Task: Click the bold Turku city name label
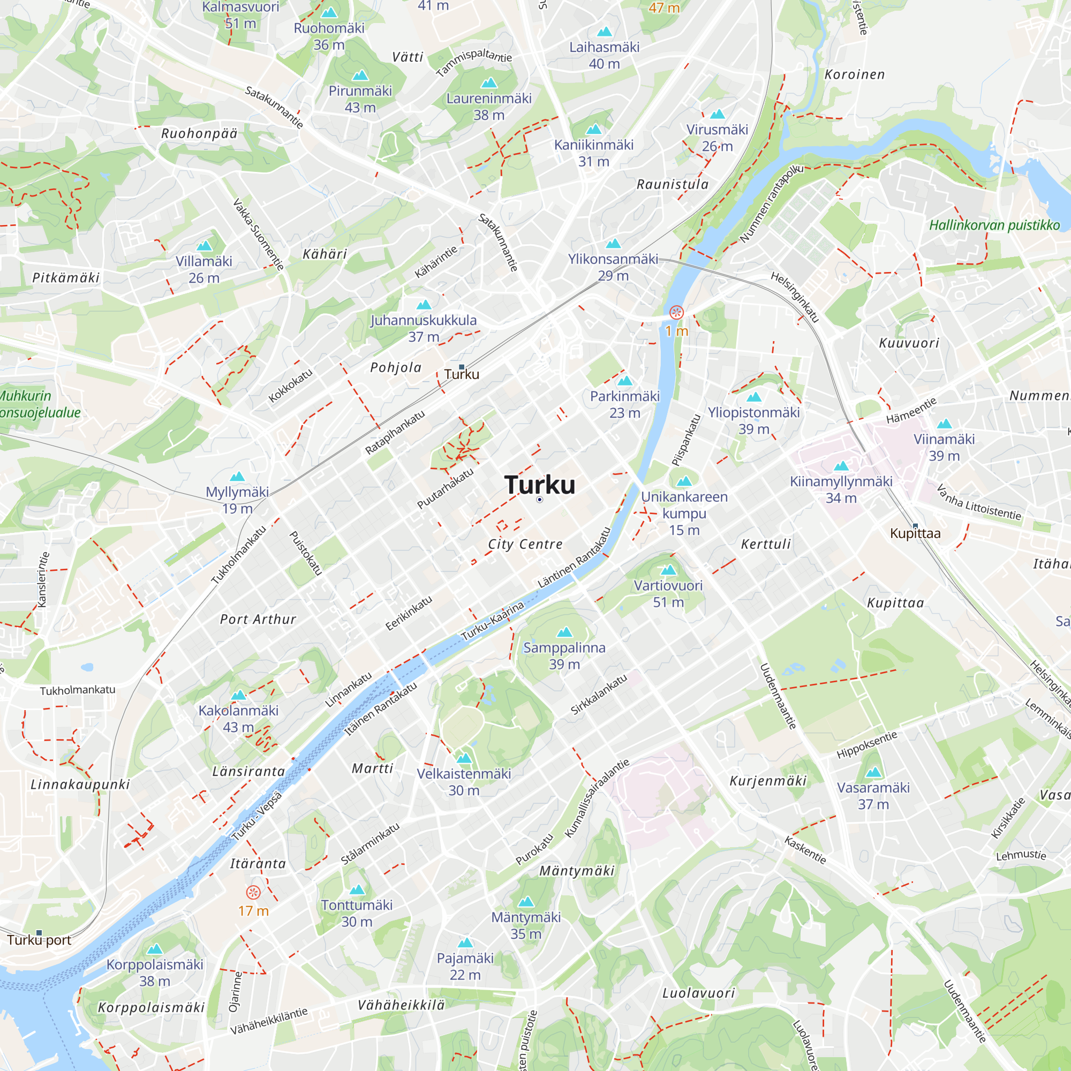pos(539,485)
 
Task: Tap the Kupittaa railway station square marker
pos(915,525)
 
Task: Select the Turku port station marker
pos(39,933)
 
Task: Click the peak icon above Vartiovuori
pos(668,570)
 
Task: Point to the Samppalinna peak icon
pos(564,632)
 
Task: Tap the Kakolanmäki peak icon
pos(238,695)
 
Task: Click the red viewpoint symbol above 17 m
pos(253,893)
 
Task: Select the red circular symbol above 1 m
pos(676,313)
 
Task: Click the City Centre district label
pos(525,545)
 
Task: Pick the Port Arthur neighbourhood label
pos(258,619)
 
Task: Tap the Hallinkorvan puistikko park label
pos(994,225)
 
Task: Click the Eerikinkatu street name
pos(409,613)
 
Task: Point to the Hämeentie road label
pos(911,411)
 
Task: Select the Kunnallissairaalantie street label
pos(597,799)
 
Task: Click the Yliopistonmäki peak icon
pos(754,397)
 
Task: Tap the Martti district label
pos(373,768)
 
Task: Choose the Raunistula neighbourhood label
pos(673,185)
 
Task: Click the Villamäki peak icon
pos(204,246)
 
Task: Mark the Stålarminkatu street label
pos(369,844)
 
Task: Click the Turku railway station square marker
pos(461,367)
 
